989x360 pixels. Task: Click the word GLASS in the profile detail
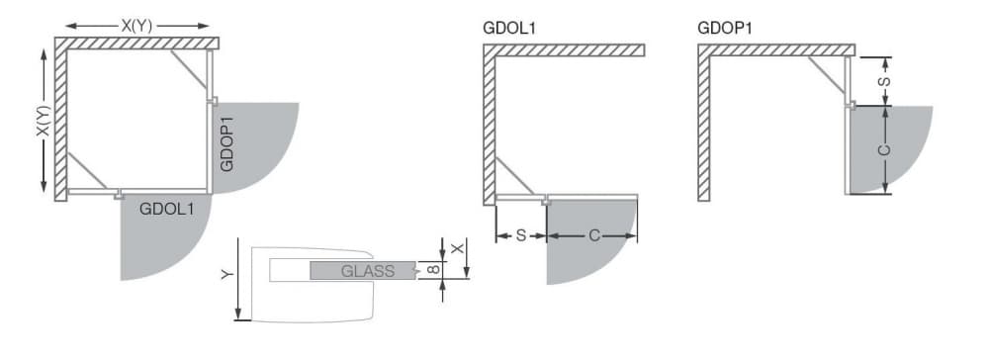point(368,271)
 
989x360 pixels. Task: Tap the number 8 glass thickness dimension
point(432,270)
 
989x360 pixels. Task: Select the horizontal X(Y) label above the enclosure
point(136,26)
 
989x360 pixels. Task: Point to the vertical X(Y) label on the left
point(43,121)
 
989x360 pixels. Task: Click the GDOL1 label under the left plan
point(166,209)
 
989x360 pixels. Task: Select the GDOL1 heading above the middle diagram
point(509,28)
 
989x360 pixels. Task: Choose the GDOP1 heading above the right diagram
point(725,28)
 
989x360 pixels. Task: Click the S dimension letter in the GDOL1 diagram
point(521,235)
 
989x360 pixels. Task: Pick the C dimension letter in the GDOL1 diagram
point(594,235)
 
